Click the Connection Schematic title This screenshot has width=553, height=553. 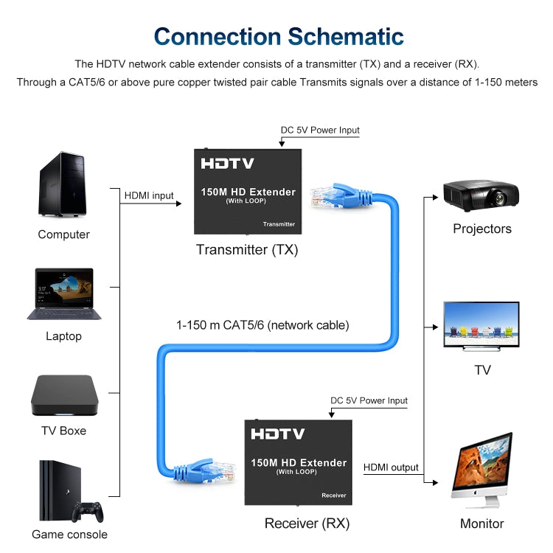278,36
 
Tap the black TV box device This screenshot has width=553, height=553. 64,396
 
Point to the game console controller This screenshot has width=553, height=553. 88,510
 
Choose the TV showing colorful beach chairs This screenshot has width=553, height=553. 481,324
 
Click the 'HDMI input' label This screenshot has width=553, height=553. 149,196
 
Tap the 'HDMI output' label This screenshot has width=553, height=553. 391,467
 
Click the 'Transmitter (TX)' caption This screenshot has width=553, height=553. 247,250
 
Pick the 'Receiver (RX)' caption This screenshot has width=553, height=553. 307,524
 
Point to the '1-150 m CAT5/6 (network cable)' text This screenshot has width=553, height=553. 262,324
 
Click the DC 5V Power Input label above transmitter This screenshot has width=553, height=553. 320,131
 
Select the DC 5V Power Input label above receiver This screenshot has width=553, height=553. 369,401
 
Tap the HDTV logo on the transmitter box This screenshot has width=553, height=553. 227,164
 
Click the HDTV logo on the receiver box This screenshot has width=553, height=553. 277,434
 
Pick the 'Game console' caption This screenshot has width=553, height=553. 69,535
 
